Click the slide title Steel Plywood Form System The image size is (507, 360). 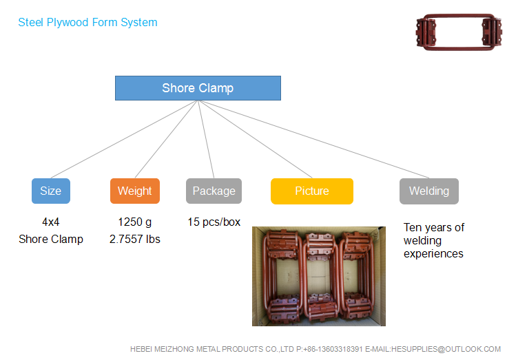tap(87, 23)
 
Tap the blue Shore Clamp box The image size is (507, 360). tap(198, 88)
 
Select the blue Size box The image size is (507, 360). tap(51, 191)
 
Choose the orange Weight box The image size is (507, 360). tap(135, 191)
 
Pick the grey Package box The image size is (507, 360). tap(214, 191)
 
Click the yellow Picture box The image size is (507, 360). tap(312, 191)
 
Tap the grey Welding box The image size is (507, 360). tap(429, 191)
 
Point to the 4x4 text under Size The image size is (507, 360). tap(51, 222)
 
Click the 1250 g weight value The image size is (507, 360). tap(134, 222)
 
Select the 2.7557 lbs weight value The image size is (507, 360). tap(135, 239)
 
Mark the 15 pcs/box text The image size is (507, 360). tap(214, 222)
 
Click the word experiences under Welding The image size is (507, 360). tap(433, 254)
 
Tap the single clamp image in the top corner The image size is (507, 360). tap(459, 32)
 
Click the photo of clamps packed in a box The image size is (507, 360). tap(319, 276)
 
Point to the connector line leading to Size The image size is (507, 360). tap(124, 139)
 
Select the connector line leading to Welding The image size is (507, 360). tap(313, 139)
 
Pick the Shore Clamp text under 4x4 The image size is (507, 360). tap(51, 239)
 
